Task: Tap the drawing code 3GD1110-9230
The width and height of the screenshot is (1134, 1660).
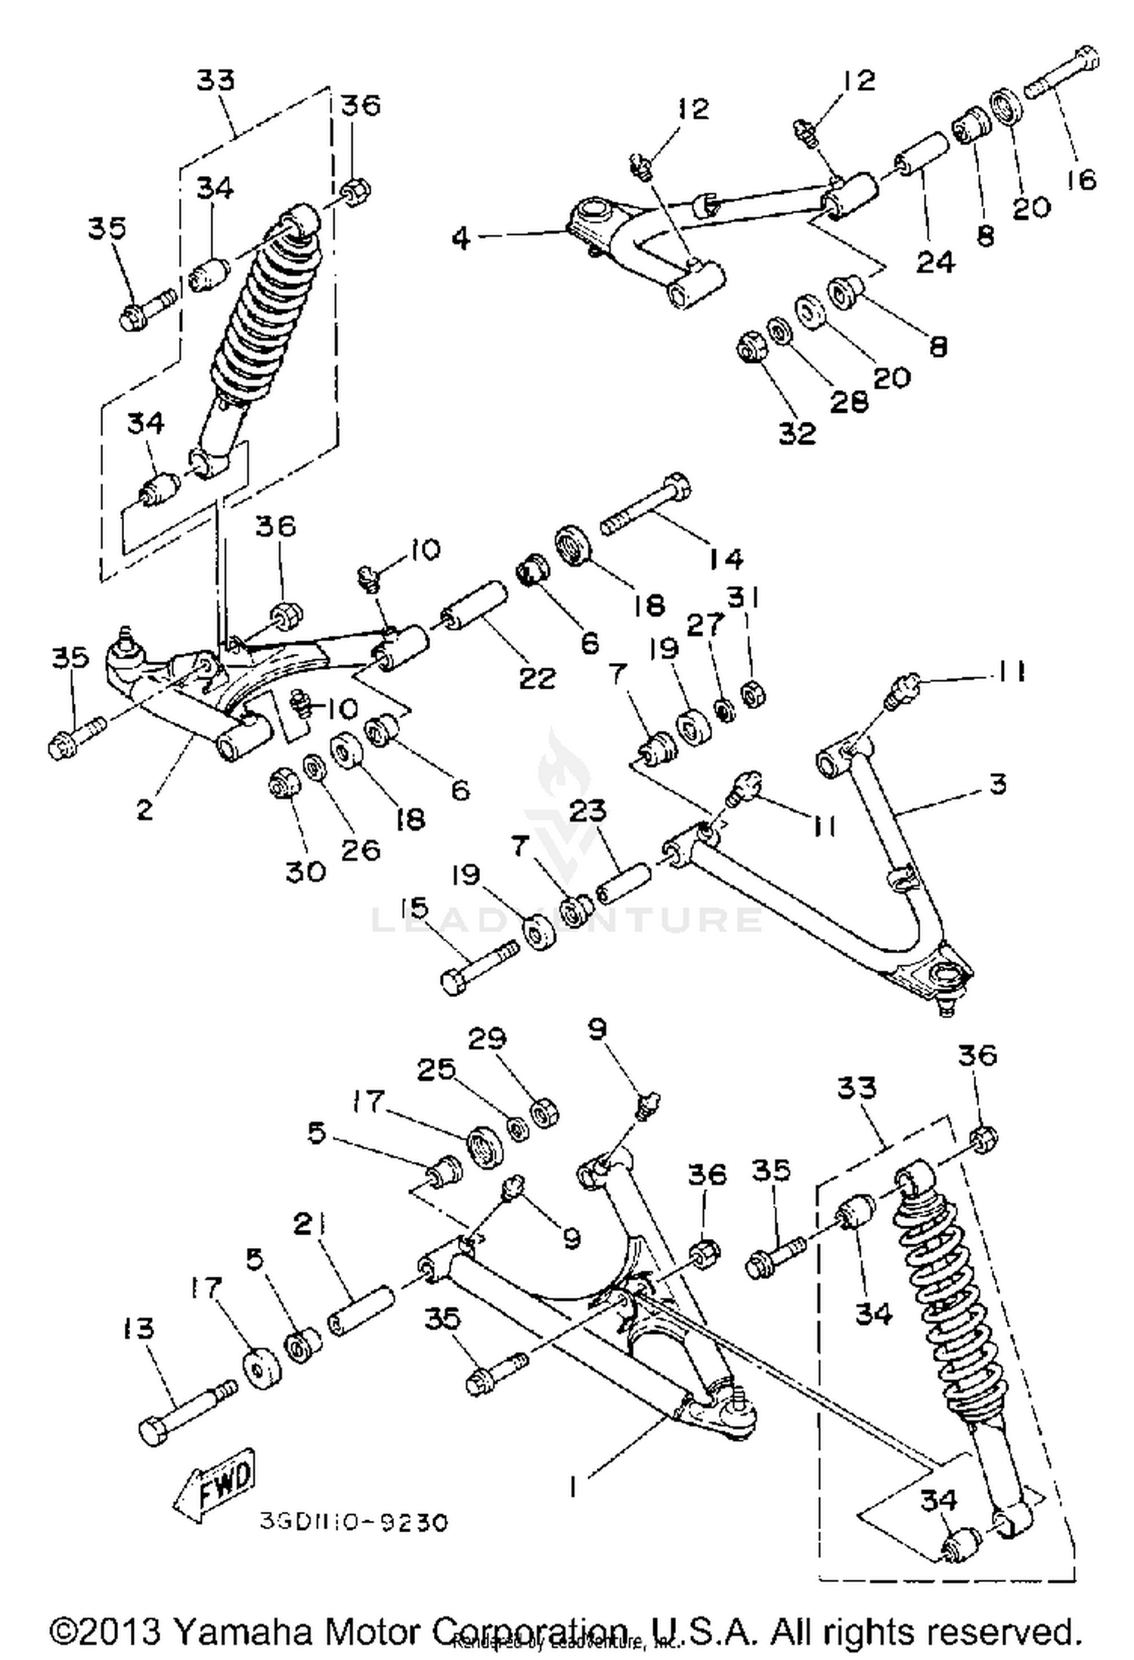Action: (x=354, y=1521)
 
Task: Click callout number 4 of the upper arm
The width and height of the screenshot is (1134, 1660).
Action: (x=461, y=237)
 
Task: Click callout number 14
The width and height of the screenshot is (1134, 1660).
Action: (x=726, y=559)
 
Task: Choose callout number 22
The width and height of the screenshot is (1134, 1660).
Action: (x=537, y=677)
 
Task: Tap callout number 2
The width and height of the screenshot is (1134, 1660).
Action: (x=144, y=809)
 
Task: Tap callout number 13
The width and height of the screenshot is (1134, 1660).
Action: (x=138, y=1329)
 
